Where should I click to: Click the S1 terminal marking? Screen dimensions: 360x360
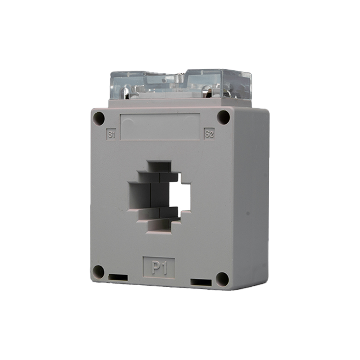(x=111, y=134)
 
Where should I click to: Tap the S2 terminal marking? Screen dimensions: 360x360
(x=209, y=134)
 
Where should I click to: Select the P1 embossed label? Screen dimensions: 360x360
(x=159, y=268)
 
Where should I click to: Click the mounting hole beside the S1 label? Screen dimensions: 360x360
(x=99, y=118)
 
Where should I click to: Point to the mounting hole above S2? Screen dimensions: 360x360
(x=223, y=117)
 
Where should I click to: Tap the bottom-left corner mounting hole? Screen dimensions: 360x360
(x=98, y=272)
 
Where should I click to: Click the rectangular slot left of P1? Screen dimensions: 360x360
(x=118, y=277)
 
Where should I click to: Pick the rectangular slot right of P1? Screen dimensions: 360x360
(x=201, y=282)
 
